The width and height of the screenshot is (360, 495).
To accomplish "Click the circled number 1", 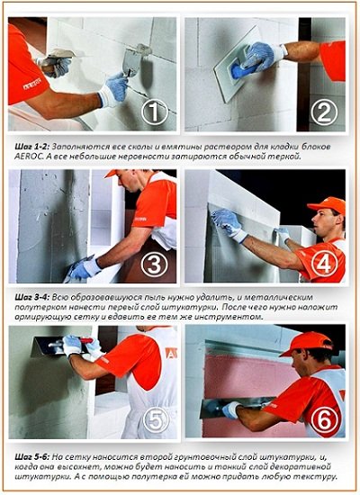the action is (155, 112).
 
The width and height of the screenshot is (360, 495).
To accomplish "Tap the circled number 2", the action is (324, 112).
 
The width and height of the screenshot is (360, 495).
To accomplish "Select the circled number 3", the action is (154, 264).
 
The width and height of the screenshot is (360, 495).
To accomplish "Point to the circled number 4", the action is (324, 263).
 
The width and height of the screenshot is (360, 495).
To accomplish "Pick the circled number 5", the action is (156, 420).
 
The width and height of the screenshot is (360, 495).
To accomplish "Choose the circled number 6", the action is (324, 418).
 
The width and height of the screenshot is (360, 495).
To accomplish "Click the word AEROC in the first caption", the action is (24, 157).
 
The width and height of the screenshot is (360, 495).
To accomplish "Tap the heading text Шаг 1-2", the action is (31, 147).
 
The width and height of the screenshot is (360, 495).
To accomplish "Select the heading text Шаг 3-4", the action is (31, 297).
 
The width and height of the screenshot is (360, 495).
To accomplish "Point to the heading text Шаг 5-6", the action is (31, 457).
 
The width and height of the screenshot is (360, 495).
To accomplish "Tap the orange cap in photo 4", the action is (327, 205).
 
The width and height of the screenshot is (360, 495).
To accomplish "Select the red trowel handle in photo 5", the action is (86, 340).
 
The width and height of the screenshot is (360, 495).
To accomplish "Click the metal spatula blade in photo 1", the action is (131, 62).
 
